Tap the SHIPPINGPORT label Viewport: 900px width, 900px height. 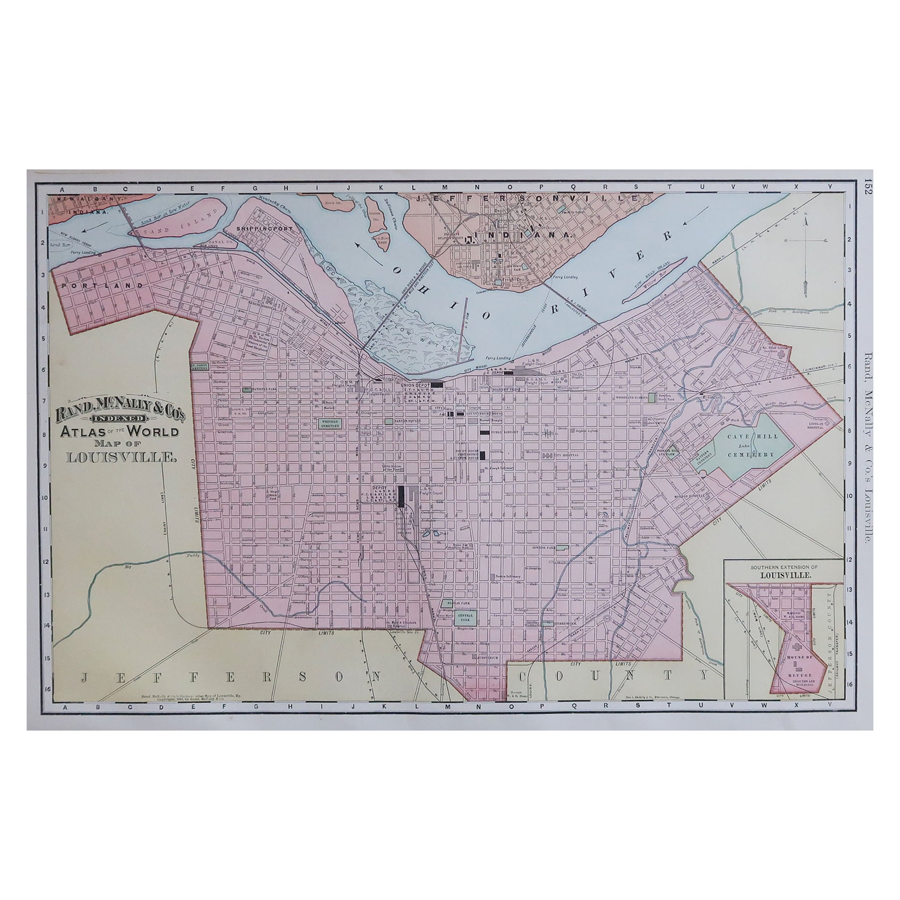(x=264, y=229)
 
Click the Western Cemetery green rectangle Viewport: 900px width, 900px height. (x=330, y=424)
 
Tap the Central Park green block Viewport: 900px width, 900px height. (x=465, y=618)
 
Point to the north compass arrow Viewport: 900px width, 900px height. (x=805, y=224)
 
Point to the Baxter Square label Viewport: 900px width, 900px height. (x=408, y=421)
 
